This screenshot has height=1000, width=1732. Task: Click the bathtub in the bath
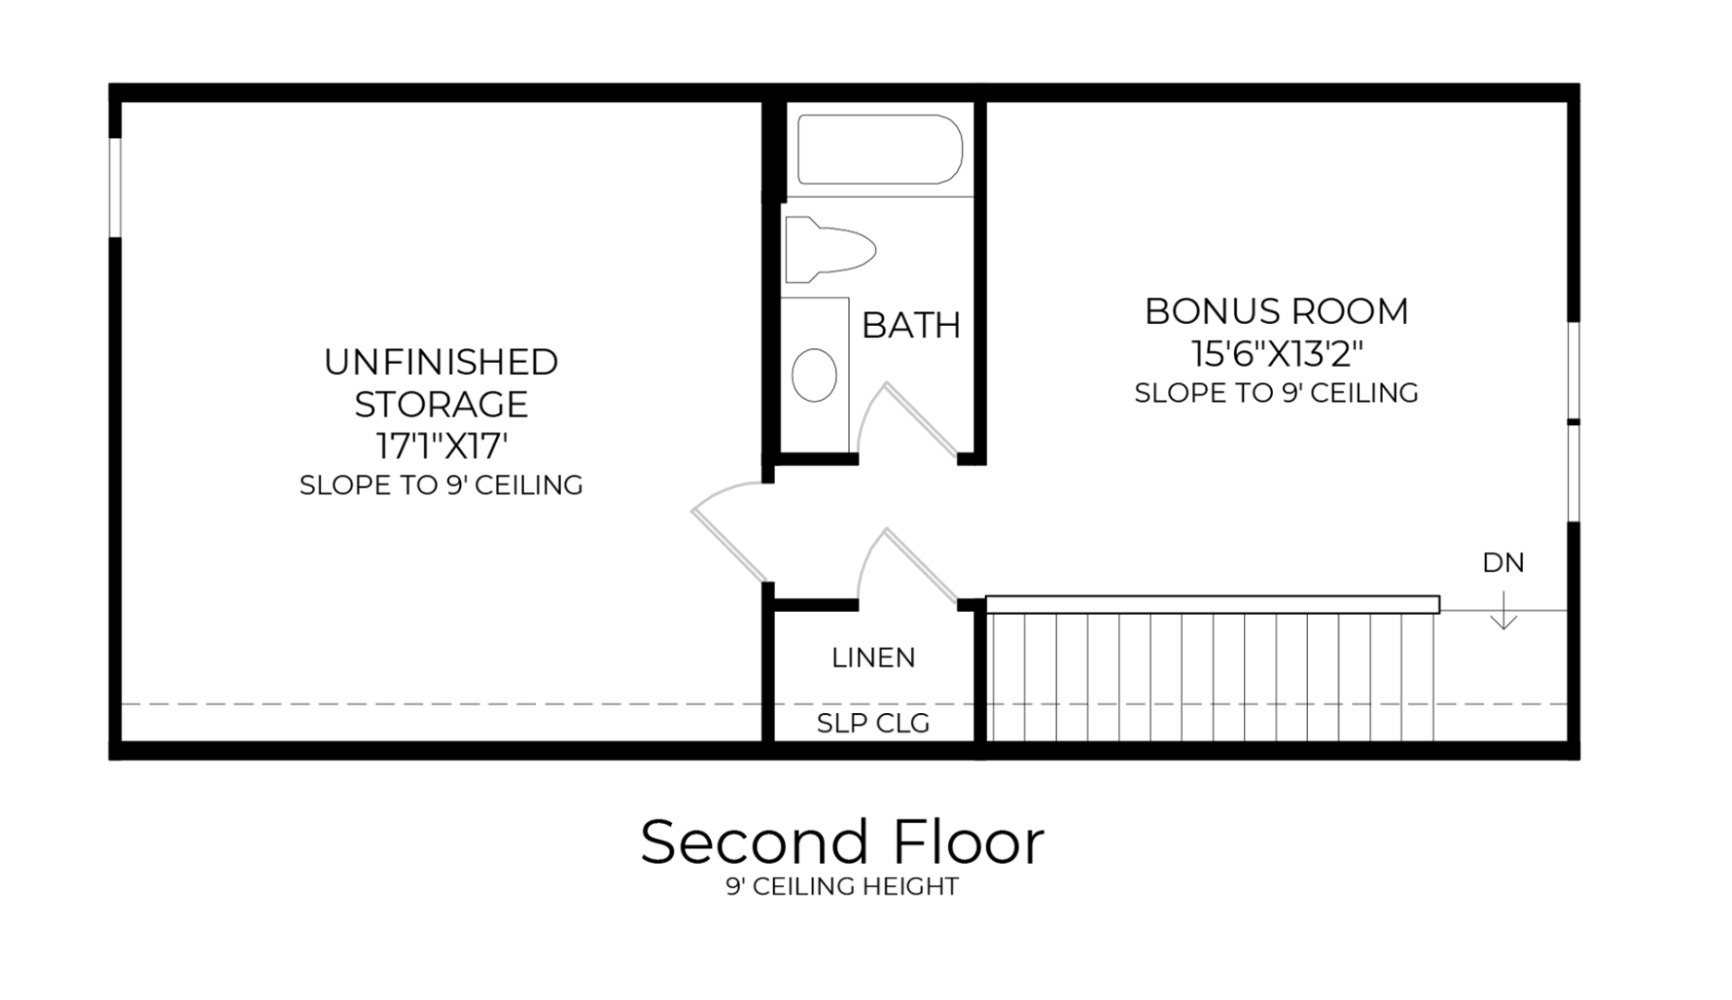(879, 150)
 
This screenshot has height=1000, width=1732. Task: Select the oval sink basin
(815, 375)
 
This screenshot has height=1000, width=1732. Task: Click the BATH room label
(911, 326)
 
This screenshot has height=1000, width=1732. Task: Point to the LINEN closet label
(873, 658)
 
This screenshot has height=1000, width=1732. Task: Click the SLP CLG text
(873, 723)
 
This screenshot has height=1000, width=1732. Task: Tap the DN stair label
(1503, 563)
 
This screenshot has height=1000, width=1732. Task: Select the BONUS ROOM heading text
(1277, 312)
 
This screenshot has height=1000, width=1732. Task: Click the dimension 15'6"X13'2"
(1277, 354)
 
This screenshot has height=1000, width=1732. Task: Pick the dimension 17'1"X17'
(442, 446)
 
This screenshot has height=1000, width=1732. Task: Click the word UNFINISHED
(442, 362)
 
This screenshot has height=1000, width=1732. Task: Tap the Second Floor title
(841, 843)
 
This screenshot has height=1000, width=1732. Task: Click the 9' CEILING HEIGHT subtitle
(841, 887)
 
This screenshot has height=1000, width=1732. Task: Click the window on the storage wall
(115, 187)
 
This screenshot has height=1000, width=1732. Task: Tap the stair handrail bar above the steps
(1213, 605)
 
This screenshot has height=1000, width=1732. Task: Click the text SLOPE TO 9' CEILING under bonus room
(1277, 394)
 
